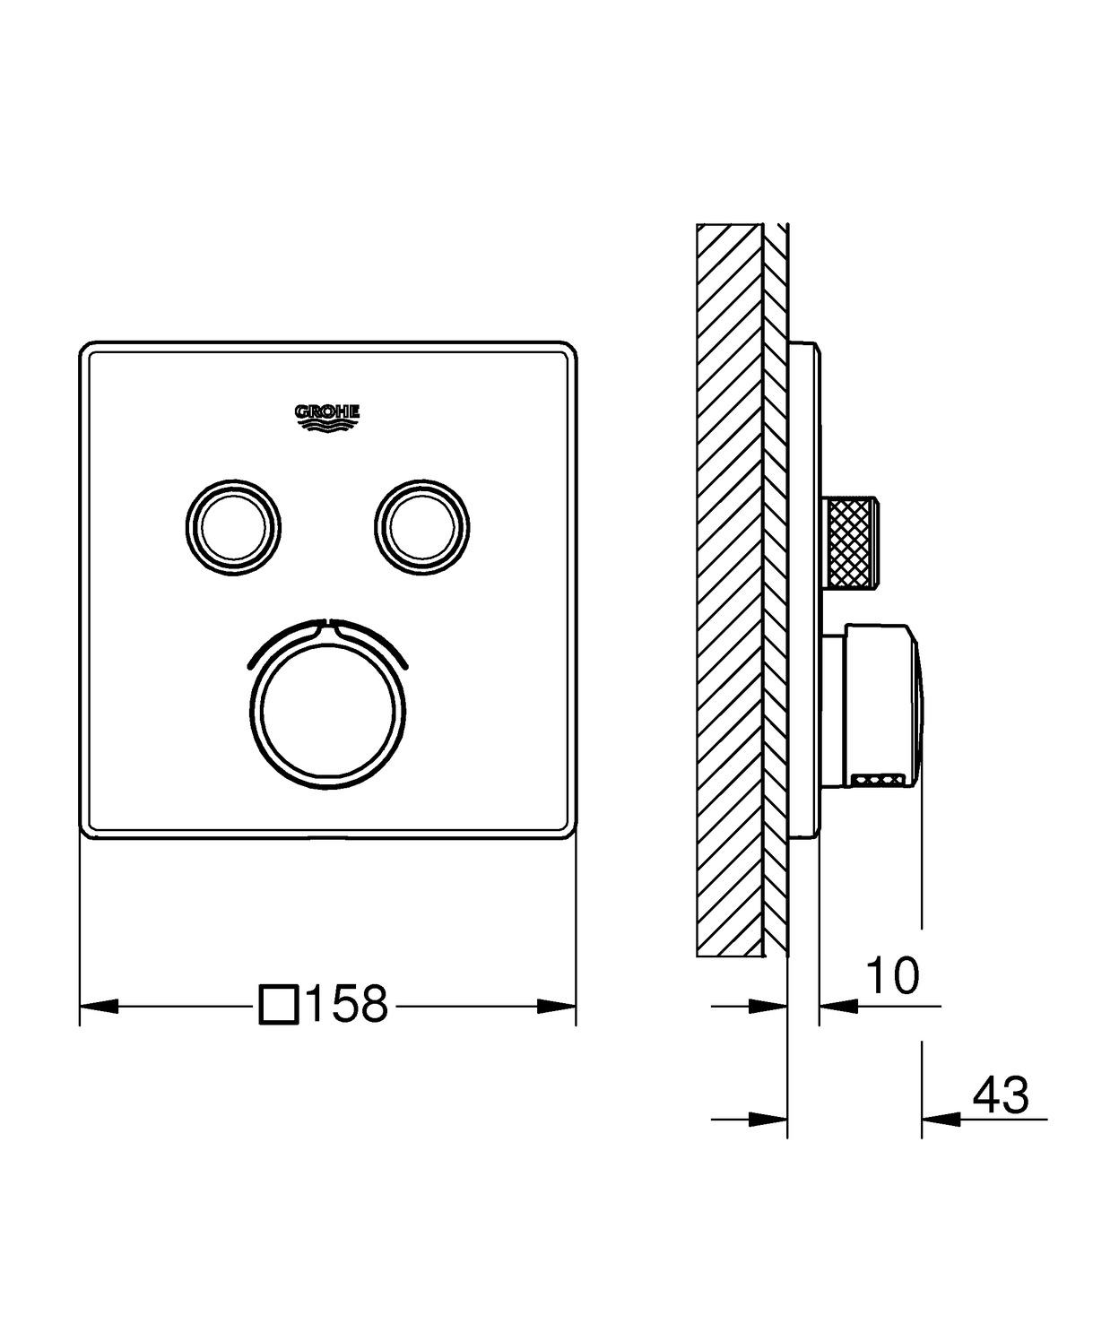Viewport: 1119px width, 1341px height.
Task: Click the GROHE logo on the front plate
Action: (x=328, y=414)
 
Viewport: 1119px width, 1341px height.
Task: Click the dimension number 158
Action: (x=347, y=1004)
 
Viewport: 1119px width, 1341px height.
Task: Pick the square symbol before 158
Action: (x=278, y=1004)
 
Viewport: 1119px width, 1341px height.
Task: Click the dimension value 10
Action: (x=893, y=976)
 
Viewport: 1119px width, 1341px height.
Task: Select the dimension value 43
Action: (x=1001, y=1094)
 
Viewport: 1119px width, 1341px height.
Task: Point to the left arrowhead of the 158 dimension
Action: (x=99, y=1005)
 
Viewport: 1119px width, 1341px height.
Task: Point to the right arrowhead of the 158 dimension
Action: (x=557, y=1005)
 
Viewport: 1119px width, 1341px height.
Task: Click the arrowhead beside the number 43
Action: (x=940, y=1118)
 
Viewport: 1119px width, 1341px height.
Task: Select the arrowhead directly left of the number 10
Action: (x=837, y=1006)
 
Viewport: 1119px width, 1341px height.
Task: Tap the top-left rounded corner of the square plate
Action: (x=88, y=349)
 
